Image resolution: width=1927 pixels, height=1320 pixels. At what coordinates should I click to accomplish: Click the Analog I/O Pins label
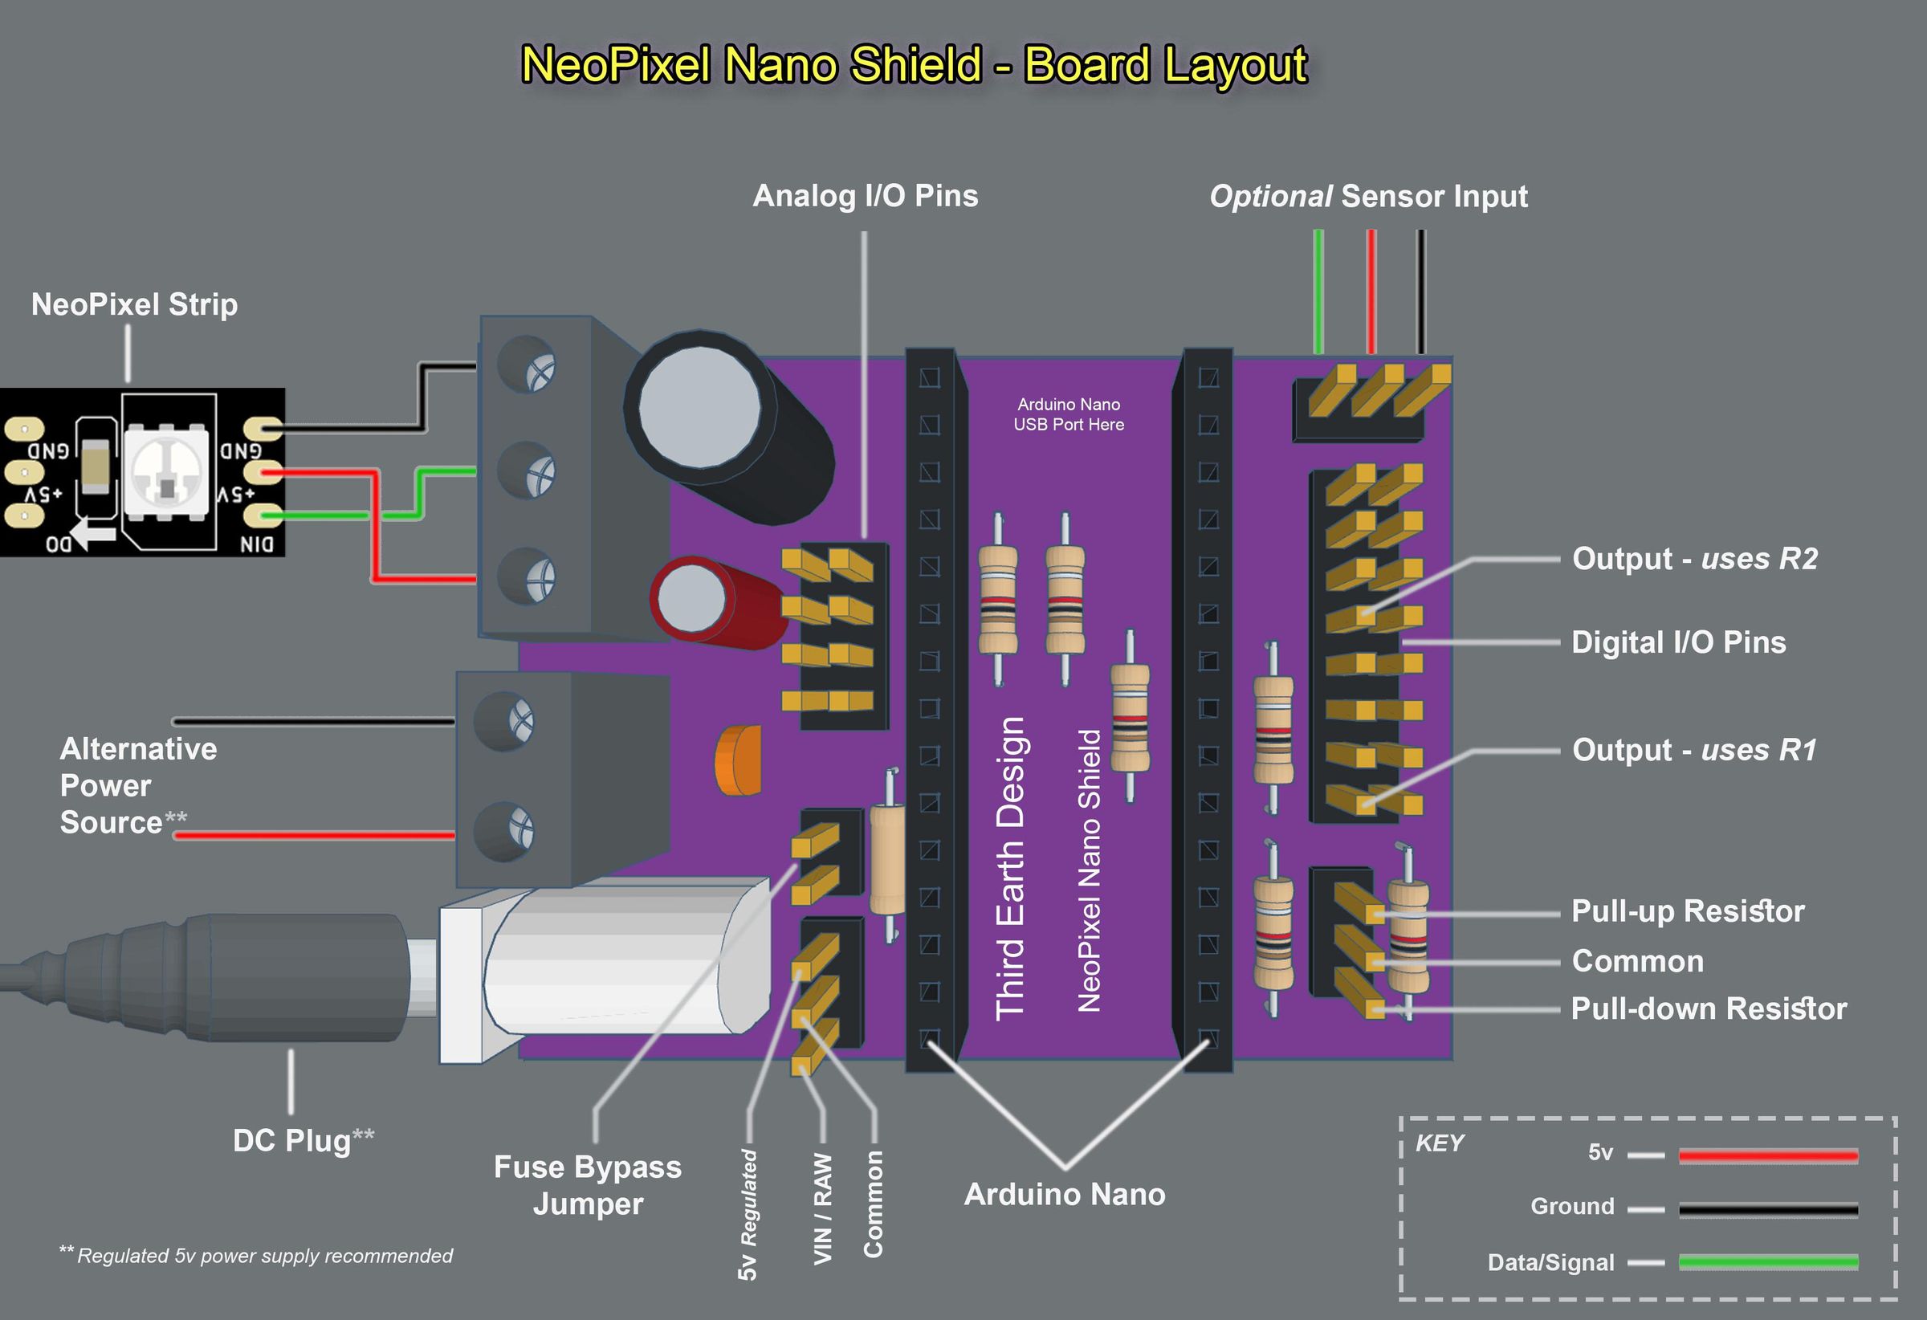[865, 197]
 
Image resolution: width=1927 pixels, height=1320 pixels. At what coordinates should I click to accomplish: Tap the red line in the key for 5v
[1767, 1155]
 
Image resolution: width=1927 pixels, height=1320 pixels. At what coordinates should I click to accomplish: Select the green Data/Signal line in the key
[1767, 1263]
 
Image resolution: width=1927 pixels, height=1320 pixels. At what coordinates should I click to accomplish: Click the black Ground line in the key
[1767, 1210]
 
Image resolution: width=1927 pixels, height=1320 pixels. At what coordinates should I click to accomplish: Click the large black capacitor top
[701, 406]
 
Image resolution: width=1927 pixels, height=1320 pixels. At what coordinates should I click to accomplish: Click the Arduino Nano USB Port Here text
[1068, 414]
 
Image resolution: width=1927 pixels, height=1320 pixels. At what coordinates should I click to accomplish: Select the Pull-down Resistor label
[1708, 1009]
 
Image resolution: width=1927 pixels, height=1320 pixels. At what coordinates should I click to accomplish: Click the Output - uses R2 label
[1694, 559]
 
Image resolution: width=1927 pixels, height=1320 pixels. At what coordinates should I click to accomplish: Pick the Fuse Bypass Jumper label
[587, 1185]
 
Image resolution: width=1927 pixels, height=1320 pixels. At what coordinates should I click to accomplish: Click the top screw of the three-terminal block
[528, 365]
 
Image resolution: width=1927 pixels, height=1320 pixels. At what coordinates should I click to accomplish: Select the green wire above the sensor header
[1318, 290]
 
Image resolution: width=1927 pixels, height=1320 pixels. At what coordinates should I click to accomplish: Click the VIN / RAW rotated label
[822, 1209]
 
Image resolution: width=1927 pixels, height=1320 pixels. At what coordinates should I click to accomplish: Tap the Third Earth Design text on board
[1010, 867]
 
